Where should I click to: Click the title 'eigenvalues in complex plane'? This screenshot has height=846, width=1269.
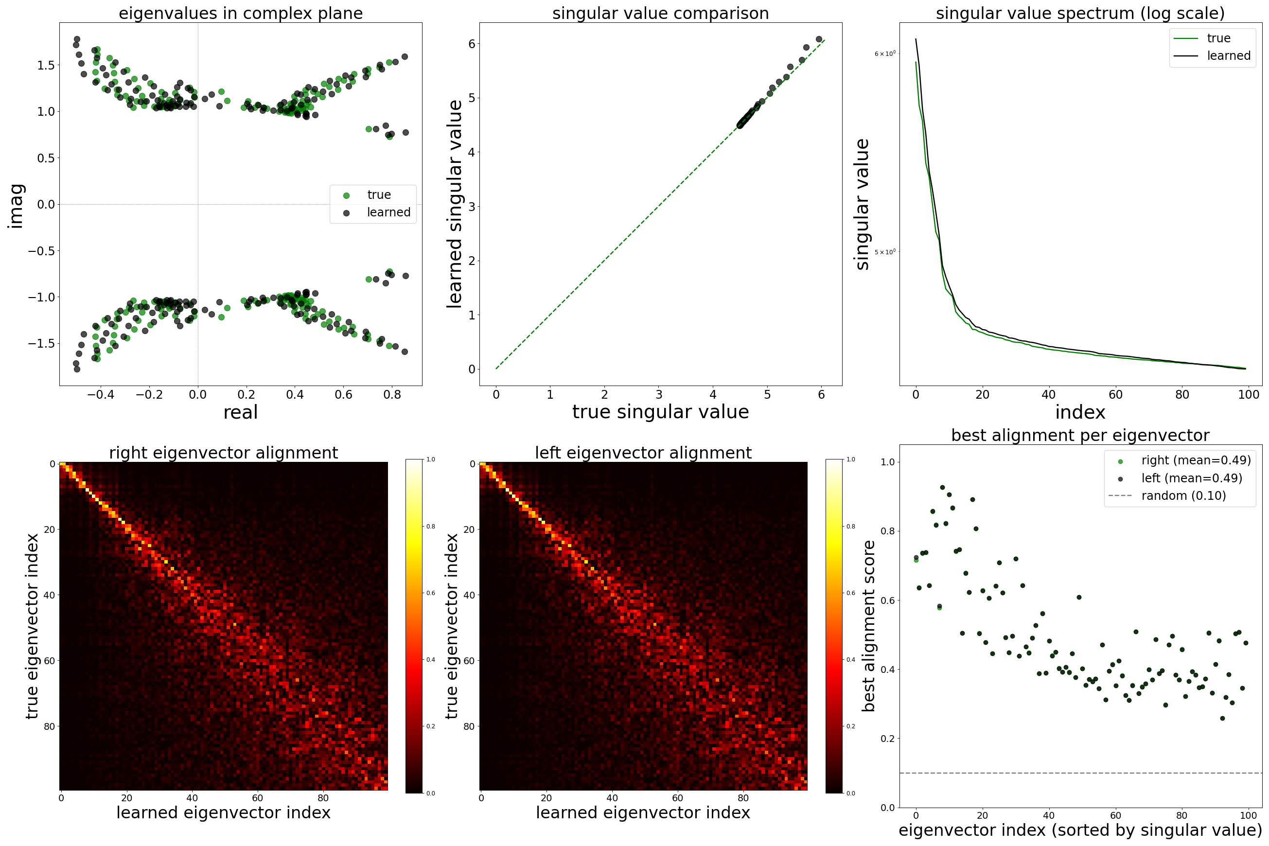[241, 13]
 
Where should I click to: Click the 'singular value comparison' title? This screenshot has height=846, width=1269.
[660, 13]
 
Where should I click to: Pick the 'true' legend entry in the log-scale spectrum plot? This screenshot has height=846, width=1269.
[1218, 38]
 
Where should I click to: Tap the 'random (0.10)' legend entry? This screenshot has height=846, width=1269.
[1183, 496]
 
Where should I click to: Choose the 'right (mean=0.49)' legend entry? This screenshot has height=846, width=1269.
[1196, 460]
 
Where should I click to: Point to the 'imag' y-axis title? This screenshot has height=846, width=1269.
[16, 206]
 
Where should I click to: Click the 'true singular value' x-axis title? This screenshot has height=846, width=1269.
[660, 412]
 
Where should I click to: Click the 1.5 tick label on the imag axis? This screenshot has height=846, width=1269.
[46, 65]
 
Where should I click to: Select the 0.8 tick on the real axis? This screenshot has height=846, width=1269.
[392, 394]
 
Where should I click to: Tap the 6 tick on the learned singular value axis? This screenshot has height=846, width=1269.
[472, 44]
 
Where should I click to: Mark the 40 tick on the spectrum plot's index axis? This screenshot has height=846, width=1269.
[1048, 394]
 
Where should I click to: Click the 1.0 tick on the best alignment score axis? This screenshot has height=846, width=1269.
[887, 462]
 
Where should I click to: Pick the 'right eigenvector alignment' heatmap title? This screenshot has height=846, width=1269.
[223, 453]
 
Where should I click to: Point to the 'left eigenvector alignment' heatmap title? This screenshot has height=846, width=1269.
[643, 453]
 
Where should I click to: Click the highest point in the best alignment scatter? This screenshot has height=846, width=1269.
[943, 487]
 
